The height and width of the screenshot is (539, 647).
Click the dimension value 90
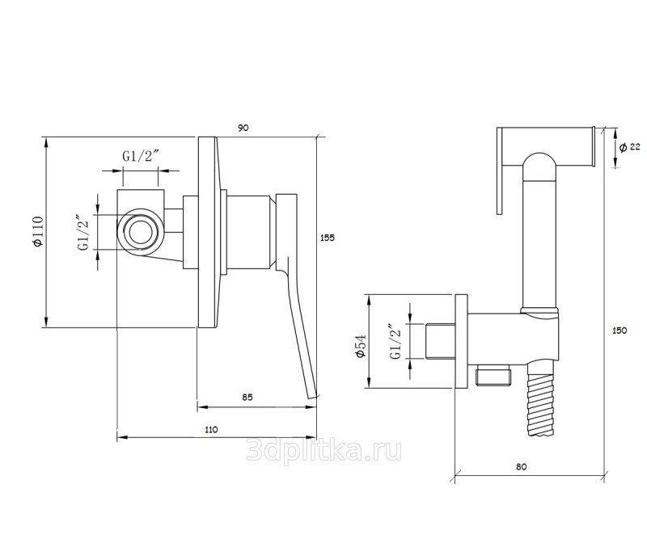coord(243,128)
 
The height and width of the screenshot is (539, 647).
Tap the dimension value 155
coord(328,238)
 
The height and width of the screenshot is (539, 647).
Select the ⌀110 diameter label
coord(38,232)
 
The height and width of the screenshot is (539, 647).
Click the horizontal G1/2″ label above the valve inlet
coord(141,156)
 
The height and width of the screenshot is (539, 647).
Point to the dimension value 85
coord(247,398)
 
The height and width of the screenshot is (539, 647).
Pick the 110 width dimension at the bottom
coord(211,429)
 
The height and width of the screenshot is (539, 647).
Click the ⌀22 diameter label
coord(630,146)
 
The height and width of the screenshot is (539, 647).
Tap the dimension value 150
coord(620,331)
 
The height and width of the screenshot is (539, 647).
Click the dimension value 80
coord(521,467)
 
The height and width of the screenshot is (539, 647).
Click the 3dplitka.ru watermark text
coord(323,450)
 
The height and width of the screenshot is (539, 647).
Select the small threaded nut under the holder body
coord(493,374)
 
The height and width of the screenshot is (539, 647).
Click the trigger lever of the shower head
coord(500,171)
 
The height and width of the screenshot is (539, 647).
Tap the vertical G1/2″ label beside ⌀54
coord(397,342)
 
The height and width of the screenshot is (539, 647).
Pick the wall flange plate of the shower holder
coord(461,342)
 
